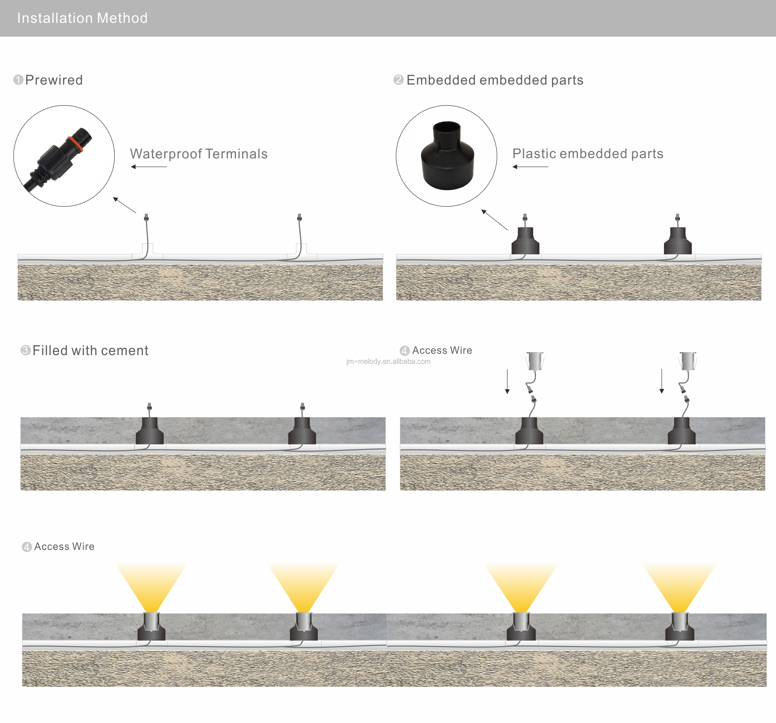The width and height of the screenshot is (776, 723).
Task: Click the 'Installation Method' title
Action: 82,18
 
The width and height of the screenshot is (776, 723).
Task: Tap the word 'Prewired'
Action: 54,80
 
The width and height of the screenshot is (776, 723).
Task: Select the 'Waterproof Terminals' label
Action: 199,154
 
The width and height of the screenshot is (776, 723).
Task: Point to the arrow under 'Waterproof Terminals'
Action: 149,167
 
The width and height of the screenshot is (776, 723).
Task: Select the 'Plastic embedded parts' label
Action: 588,154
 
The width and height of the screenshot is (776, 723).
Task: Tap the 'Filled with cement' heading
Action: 90,350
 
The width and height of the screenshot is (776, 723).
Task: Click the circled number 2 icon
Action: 398,80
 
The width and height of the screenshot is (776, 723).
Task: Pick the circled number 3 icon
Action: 25,350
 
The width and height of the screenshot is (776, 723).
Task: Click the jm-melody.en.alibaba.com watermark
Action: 388,361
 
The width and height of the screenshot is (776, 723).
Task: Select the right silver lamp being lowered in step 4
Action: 687,361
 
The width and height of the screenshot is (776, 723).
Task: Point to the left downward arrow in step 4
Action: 507,381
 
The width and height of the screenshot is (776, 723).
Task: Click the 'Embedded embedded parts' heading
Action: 495,80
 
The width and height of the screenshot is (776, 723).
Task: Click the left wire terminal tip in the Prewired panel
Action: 146,217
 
